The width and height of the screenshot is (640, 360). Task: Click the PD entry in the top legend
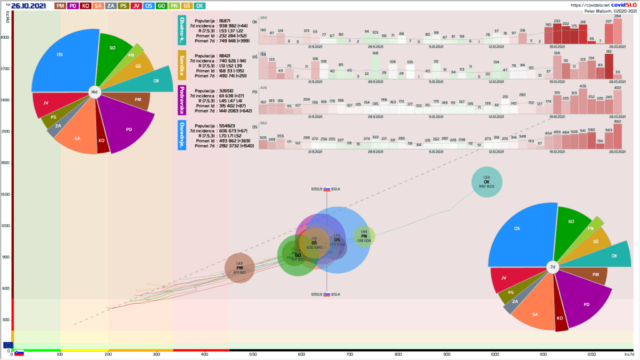(x=73, y=6)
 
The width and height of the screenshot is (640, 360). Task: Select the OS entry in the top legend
(x=149, y=6)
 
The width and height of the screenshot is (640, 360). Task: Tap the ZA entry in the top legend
(x=111, y=6)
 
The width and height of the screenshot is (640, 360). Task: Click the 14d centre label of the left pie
(x=94, y=92)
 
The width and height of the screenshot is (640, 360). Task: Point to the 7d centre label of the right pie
(x=552, y=267)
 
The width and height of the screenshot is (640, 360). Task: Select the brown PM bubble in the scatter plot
(x=239, y=268)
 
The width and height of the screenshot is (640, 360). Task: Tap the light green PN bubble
(x=364, y=237)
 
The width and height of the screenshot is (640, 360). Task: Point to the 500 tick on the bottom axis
(x=253, y=354)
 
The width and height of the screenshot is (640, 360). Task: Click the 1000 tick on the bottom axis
(x=496, y=354)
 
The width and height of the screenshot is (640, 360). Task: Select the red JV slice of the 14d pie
(x=47, y=104)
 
